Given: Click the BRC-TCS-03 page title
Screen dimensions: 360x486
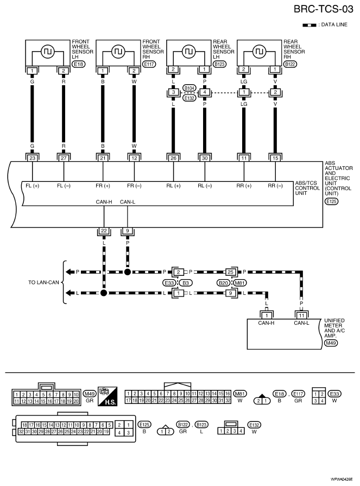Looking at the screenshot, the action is point(323,9).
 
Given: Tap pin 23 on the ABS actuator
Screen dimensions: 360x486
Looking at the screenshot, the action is point(32,158).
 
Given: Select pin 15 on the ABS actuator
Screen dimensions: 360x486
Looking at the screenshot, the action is point(275,158).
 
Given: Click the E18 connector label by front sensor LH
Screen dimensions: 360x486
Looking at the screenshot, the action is point(78,64).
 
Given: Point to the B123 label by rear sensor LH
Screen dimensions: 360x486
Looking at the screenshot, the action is point(220,64).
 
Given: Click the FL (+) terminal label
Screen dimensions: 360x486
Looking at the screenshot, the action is point(33,186).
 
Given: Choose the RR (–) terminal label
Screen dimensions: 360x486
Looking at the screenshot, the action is point(275,186).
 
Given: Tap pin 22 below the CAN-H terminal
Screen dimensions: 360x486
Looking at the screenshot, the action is point(104,231).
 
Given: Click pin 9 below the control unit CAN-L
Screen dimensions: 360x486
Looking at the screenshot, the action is point(128,231).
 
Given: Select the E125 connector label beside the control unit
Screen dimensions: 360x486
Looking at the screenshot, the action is point(332,201).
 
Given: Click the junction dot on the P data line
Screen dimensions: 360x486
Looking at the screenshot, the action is point(128,272).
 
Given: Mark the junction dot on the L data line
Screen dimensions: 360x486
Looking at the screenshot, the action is point(104,293).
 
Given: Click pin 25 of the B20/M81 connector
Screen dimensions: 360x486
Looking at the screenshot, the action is point(230,272).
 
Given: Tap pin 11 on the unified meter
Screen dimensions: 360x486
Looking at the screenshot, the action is point(301,315).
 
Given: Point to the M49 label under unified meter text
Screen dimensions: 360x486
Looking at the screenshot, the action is point(331,343).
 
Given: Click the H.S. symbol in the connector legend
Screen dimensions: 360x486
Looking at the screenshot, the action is point(108,396).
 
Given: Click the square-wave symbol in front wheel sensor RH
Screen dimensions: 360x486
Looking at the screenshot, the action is point(118,51).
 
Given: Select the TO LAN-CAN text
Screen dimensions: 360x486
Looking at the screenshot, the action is point(43,282).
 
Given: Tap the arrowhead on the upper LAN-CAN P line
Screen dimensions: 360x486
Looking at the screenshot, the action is point(68,272).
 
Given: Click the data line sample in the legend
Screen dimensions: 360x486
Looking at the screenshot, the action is point(309,25).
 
